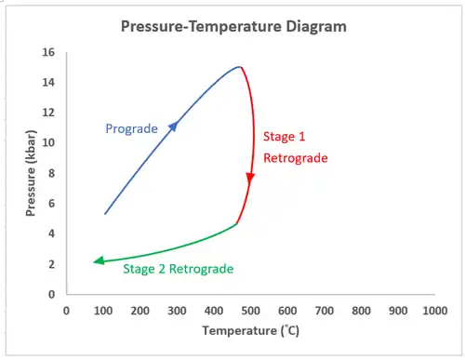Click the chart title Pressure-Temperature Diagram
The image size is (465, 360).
[x=233, y=26]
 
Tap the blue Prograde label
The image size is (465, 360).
[x=131, y=128]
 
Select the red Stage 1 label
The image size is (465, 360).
[x=284, y=137]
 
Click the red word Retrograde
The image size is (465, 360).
[x=296, y=158]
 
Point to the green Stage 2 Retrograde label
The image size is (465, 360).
[x=179, y=269]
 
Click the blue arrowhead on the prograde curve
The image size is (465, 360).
[x=174, y=126]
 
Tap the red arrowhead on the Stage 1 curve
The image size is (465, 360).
[x=250, y=179]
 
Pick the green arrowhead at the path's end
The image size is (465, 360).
[x=99, y=261]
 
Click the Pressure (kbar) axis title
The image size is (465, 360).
[x=31, y=173]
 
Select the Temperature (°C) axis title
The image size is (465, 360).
[x=251, y=330]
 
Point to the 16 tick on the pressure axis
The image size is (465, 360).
[x=48, y=52]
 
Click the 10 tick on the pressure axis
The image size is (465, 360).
[x=48, y=142]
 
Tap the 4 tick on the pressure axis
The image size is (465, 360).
[x=51, y=233]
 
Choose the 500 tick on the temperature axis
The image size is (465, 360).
[x=250, y=311]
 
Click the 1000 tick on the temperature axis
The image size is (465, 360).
[x=435, y=311]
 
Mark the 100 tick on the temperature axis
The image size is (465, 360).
[x=103, y=311]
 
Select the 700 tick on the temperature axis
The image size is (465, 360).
[x=325, y=311]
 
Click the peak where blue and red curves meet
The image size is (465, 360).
[x=240, y=67]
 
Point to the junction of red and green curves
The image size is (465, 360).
[x=236, y=223]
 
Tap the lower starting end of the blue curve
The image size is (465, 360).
[x=105, y=214]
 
